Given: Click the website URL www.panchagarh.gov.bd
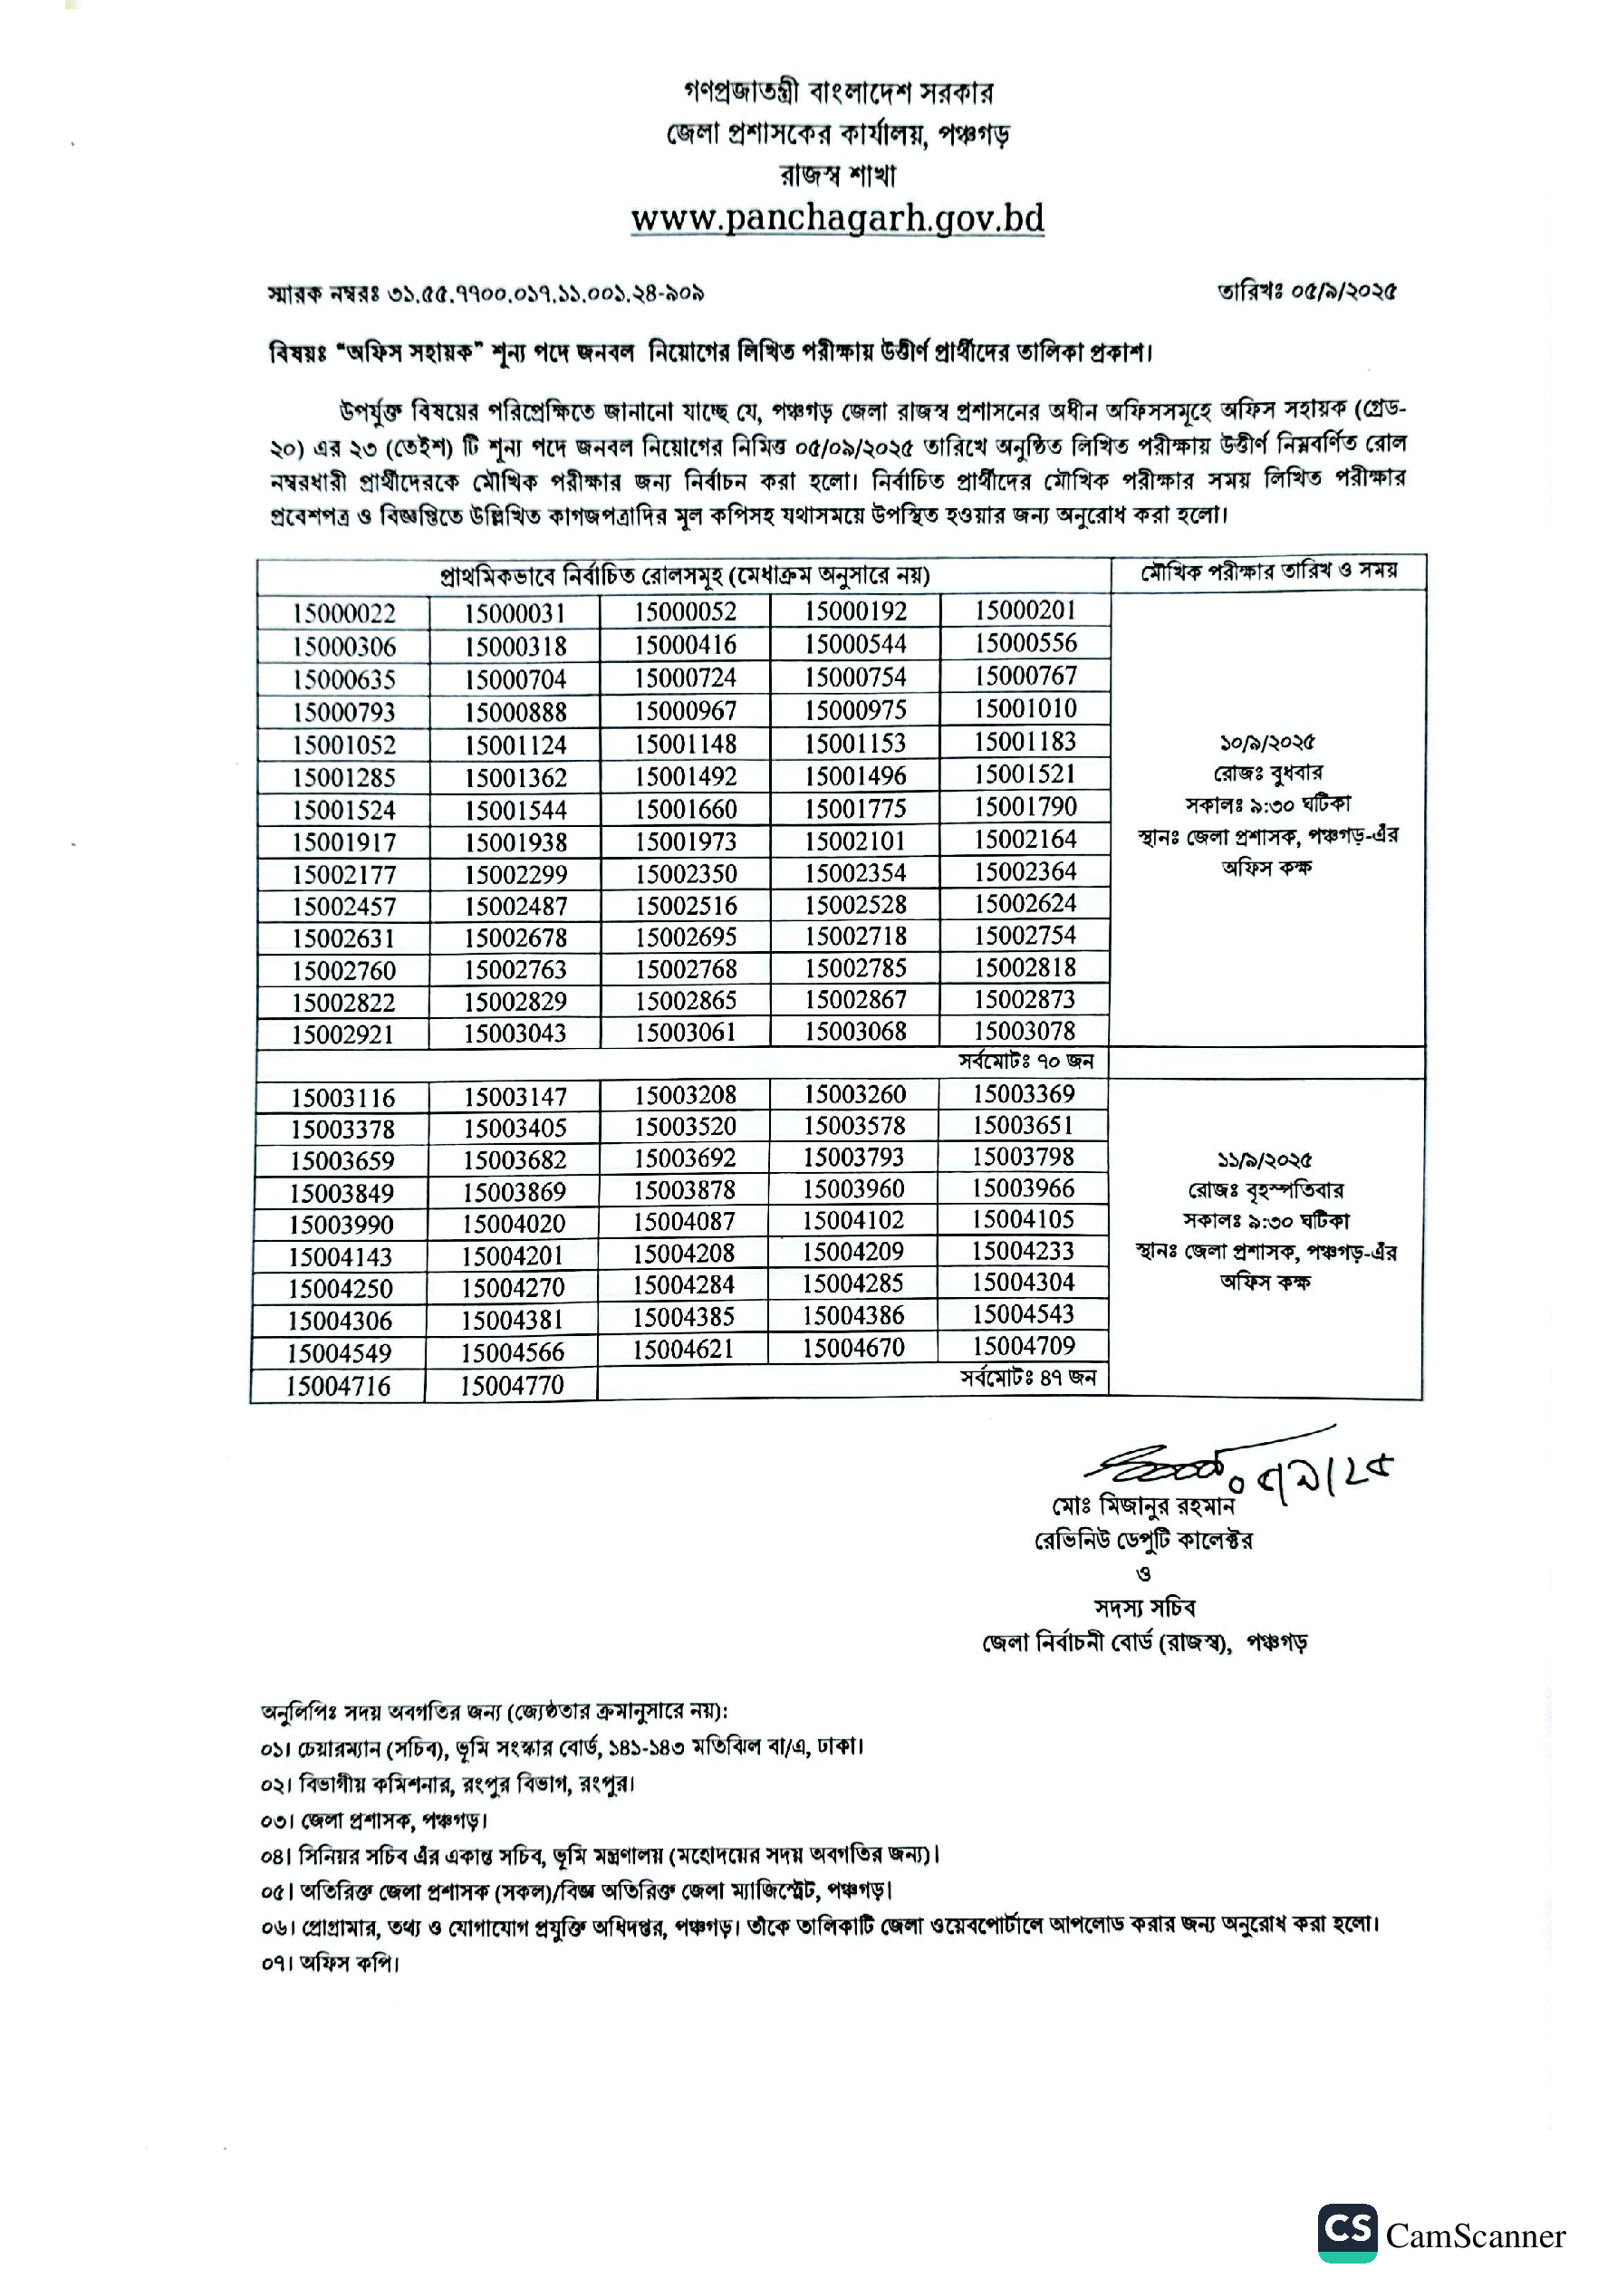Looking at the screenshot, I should (837, 218).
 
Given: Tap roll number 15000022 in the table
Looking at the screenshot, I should (344, 613).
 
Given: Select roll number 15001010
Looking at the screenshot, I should (1025, 708).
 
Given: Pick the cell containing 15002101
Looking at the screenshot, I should (855, 840).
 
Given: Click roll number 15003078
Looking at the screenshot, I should (1025, 1031).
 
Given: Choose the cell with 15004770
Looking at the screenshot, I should (512, 1384).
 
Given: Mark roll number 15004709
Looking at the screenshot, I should (1024, 1345).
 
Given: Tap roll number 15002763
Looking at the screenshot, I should (515, 968).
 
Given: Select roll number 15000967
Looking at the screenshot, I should (686, 710).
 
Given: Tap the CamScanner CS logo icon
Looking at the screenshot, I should (1347, 2233).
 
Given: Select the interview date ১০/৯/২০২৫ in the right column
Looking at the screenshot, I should (1266, 743).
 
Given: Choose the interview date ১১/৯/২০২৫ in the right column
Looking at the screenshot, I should (1264, 1160).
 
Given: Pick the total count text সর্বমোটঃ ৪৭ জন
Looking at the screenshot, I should (1028, 1377).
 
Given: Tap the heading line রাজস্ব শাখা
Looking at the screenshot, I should (837, 176).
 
